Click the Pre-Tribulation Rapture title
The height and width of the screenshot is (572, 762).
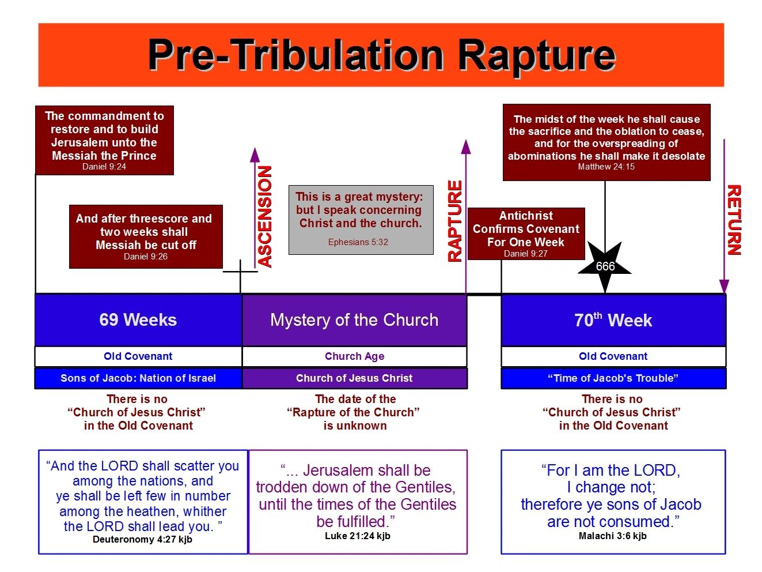click(381, 55)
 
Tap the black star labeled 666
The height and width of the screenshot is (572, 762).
click(605, 267)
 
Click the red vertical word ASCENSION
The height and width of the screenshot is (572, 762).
click(265, 216)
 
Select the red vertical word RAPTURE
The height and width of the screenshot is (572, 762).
click(455, 221)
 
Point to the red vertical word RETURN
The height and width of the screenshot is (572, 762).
click(734, 220)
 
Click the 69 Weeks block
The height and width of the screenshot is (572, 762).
click(138, 319)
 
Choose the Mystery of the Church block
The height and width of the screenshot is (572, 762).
click(354, 319)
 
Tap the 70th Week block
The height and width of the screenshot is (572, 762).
click(613, 319)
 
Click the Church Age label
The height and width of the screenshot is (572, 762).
click(354, 356)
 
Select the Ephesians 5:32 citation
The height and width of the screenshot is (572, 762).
click(358, 242)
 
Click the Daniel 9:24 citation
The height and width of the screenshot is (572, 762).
click(104, 167)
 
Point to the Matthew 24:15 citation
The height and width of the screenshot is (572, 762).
click(606, 167)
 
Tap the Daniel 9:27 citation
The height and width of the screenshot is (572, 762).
click(526, 254)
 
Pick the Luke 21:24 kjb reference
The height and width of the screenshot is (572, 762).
click(358, 536)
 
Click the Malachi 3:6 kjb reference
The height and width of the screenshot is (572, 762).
click(613, 536)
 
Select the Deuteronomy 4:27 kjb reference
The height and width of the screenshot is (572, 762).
click(142, 539)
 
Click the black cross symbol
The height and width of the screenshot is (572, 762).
click(240, 272)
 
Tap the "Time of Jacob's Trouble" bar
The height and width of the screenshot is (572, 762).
click(613, 378)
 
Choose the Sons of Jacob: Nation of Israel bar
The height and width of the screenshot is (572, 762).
click(138, 378)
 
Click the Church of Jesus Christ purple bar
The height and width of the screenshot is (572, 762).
click(354, 378)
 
